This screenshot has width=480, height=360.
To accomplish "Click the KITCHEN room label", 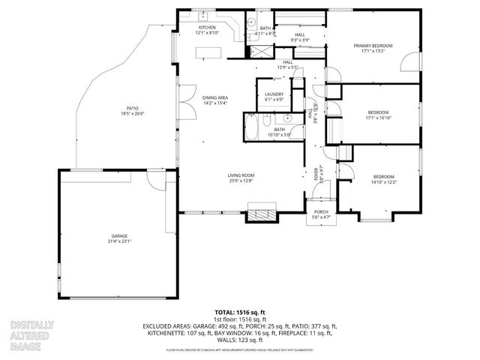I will click(x=206, y=27).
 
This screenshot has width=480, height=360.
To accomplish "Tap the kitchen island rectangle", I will click(x=210, y=52).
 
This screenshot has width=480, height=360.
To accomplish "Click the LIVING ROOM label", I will click(x=241, y=176).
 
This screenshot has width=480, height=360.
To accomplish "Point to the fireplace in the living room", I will click(x=262, y=215).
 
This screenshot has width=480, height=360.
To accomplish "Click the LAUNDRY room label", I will click(x=274, y=94).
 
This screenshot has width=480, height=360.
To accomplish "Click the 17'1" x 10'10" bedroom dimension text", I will click(x=379, y=118).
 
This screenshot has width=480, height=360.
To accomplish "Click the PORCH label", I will click(x=321, y=212).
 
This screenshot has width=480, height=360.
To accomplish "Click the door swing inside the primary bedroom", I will click(x=409, y=60).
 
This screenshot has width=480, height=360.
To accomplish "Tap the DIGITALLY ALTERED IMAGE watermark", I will click(x=31, y=333).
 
